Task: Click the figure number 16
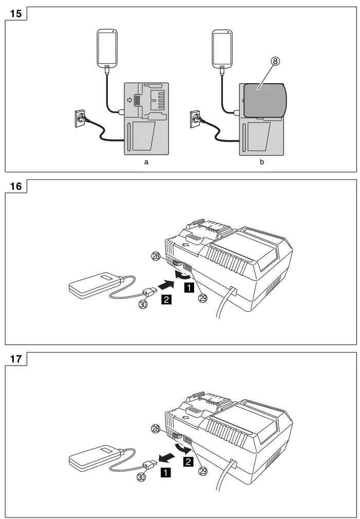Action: click(x=16, y=186)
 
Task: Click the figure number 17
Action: click(x=16, y=358)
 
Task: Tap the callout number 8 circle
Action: click(x=275, y=62)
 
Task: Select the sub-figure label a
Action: click(x=146, y=162)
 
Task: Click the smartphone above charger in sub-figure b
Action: click(x=223, y=48)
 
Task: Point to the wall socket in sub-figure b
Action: click(x=196, y=118)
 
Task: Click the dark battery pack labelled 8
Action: click(x=265, y=100)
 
